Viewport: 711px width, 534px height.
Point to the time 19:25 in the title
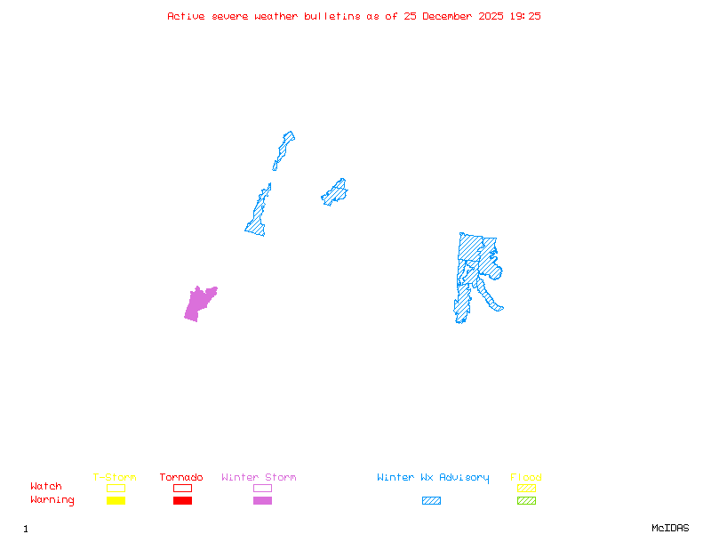point(526,16)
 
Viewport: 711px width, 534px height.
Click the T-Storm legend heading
point(115,478)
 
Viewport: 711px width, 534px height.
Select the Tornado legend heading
point(181,478)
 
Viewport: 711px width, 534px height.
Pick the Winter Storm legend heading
point(259,478)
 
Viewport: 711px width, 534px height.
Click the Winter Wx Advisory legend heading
point(433,478)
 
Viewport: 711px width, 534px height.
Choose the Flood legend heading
point(526,478)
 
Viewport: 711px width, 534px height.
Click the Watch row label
point(46,487)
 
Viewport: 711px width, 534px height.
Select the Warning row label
point(52,500)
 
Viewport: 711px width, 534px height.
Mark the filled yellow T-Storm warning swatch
point(116,500)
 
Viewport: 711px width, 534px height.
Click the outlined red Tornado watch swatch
point(182,488)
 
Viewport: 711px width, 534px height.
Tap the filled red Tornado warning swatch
point(182,500)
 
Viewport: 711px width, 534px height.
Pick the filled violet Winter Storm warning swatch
point(262,500)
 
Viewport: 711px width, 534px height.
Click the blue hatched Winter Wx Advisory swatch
point(431,500)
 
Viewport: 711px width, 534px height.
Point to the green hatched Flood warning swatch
point(526,500)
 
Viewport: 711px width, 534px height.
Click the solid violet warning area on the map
point(198,303)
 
